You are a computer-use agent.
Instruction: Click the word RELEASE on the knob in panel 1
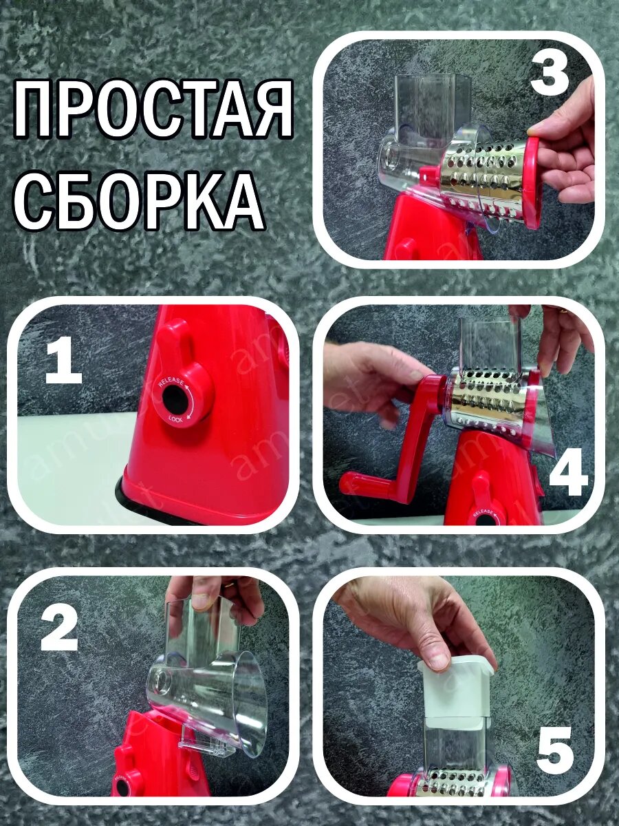[x=170, y=383]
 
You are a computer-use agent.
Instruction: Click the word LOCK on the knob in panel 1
[x=176, y=419]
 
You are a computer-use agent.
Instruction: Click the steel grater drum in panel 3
[x=479, y=174]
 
